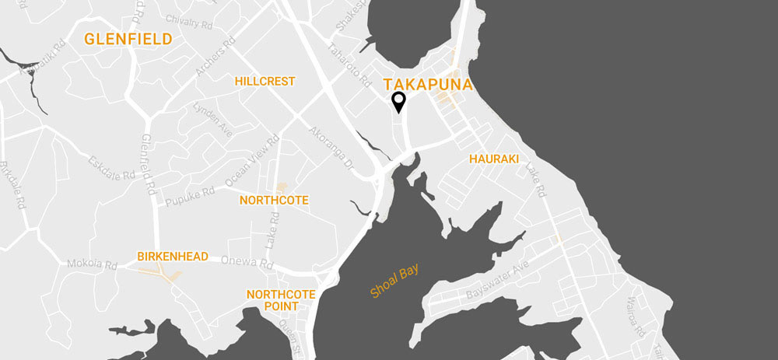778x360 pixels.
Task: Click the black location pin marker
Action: [x=399, y=102]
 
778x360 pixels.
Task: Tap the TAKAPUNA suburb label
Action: [x=428, y=85]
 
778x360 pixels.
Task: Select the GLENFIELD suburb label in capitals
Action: [x=128, y=38]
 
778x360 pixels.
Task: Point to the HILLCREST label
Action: [x=265, y=81]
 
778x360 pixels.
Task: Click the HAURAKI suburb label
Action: [x=493, y=159]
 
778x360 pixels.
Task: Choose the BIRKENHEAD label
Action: [x=173, y=256]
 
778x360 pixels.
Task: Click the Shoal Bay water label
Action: [x=394, y=280]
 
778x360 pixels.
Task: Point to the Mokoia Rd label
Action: [x=92, y=264]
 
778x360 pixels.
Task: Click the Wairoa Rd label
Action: [x=636, y=317]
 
